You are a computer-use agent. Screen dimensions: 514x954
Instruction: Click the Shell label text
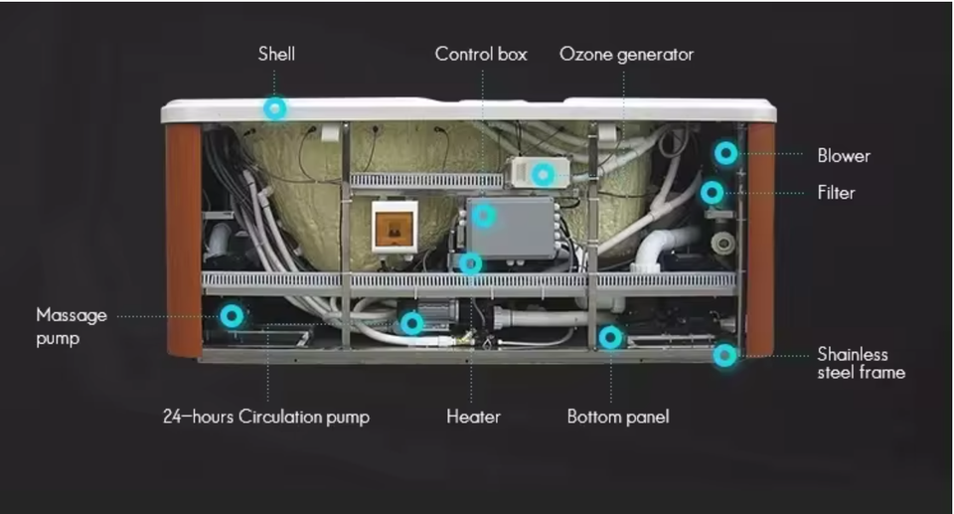(x=276, y=54)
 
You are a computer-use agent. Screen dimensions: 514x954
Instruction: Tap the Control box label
(x=481, y=54)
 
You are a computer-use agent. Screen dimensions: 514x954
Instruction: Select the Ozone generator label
(x=626, y=54)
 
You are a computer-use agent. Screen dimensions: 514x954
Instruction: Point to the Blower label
(x=844, y=155)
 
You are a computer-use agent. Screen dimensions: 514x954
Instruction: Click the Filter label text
(x=836, y=193)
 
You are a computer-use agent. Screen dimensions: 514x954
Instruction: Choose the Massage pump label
(x=72, y=326)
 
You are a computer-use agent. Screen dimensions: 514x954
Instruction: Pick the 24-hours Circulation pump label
(x=266, y=417)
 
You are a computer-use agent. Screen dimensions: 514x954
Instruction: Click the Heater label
(x=473, y=417)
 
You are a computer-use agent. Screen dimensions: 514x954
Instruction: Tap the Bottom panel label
(x=618, y=417)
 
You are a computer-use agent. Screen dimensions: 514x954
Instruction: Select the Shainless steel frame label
(x=861, y=363)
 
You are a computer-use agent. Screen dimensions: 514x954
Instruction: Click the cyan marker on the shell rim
(x=275, y=108)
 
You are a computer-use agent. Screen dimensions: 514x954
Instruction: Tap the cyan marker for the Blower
(x=726, y=153)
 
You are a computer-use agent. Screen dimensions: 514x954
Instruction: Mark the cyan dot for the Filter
(x=712, y=192)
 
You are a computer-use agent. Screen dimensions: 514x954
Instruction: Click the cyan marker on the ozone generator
(x=543, y=175)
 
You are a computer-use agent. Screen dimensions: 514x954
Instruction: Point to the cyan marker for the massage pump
(x=232, y=315)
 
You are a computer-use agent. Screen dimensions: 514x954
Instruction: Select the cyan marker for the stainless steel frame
(x=726, y=354)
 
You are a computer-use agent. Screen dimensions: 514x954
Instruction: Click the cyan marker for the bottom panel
(x=610, y=337)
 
